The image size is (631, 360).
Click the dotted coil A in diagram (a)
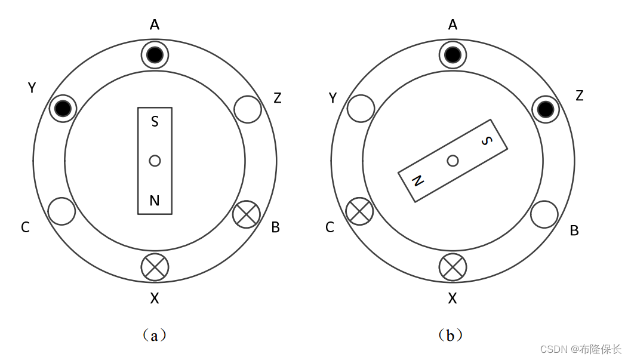[155, 56]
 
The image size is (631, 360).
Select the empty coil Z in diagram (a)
[248, 109]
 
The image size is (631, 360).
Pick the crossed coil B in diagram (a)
[247, 214]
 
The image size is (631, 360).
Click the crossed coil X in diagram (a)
[155, 267]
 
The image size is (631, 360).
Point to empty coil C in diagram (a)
[61, 211]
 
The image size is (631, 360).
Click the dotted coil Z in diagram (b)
[545, 109]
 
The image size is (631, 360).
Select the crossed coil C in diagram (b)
[360, 211]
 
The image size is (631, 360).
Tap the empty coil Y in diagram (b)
[361, 108]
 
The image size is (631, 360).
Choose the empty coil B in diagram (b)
[544, 214]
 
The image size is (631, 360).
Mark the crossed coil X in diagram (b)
[453, 267]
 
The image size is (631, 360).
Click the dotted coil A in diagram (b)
[453, 56]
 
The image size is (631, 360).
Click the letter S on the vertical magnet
[155, 122]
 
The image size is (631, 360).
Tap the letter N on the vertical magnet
[155, 201]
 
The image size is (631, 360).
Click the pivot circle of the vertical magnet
[155, 161]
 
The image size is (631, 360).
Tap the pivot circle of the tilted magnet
[453, 161]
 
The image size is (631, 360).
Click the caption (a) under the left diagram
[155, 336]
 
